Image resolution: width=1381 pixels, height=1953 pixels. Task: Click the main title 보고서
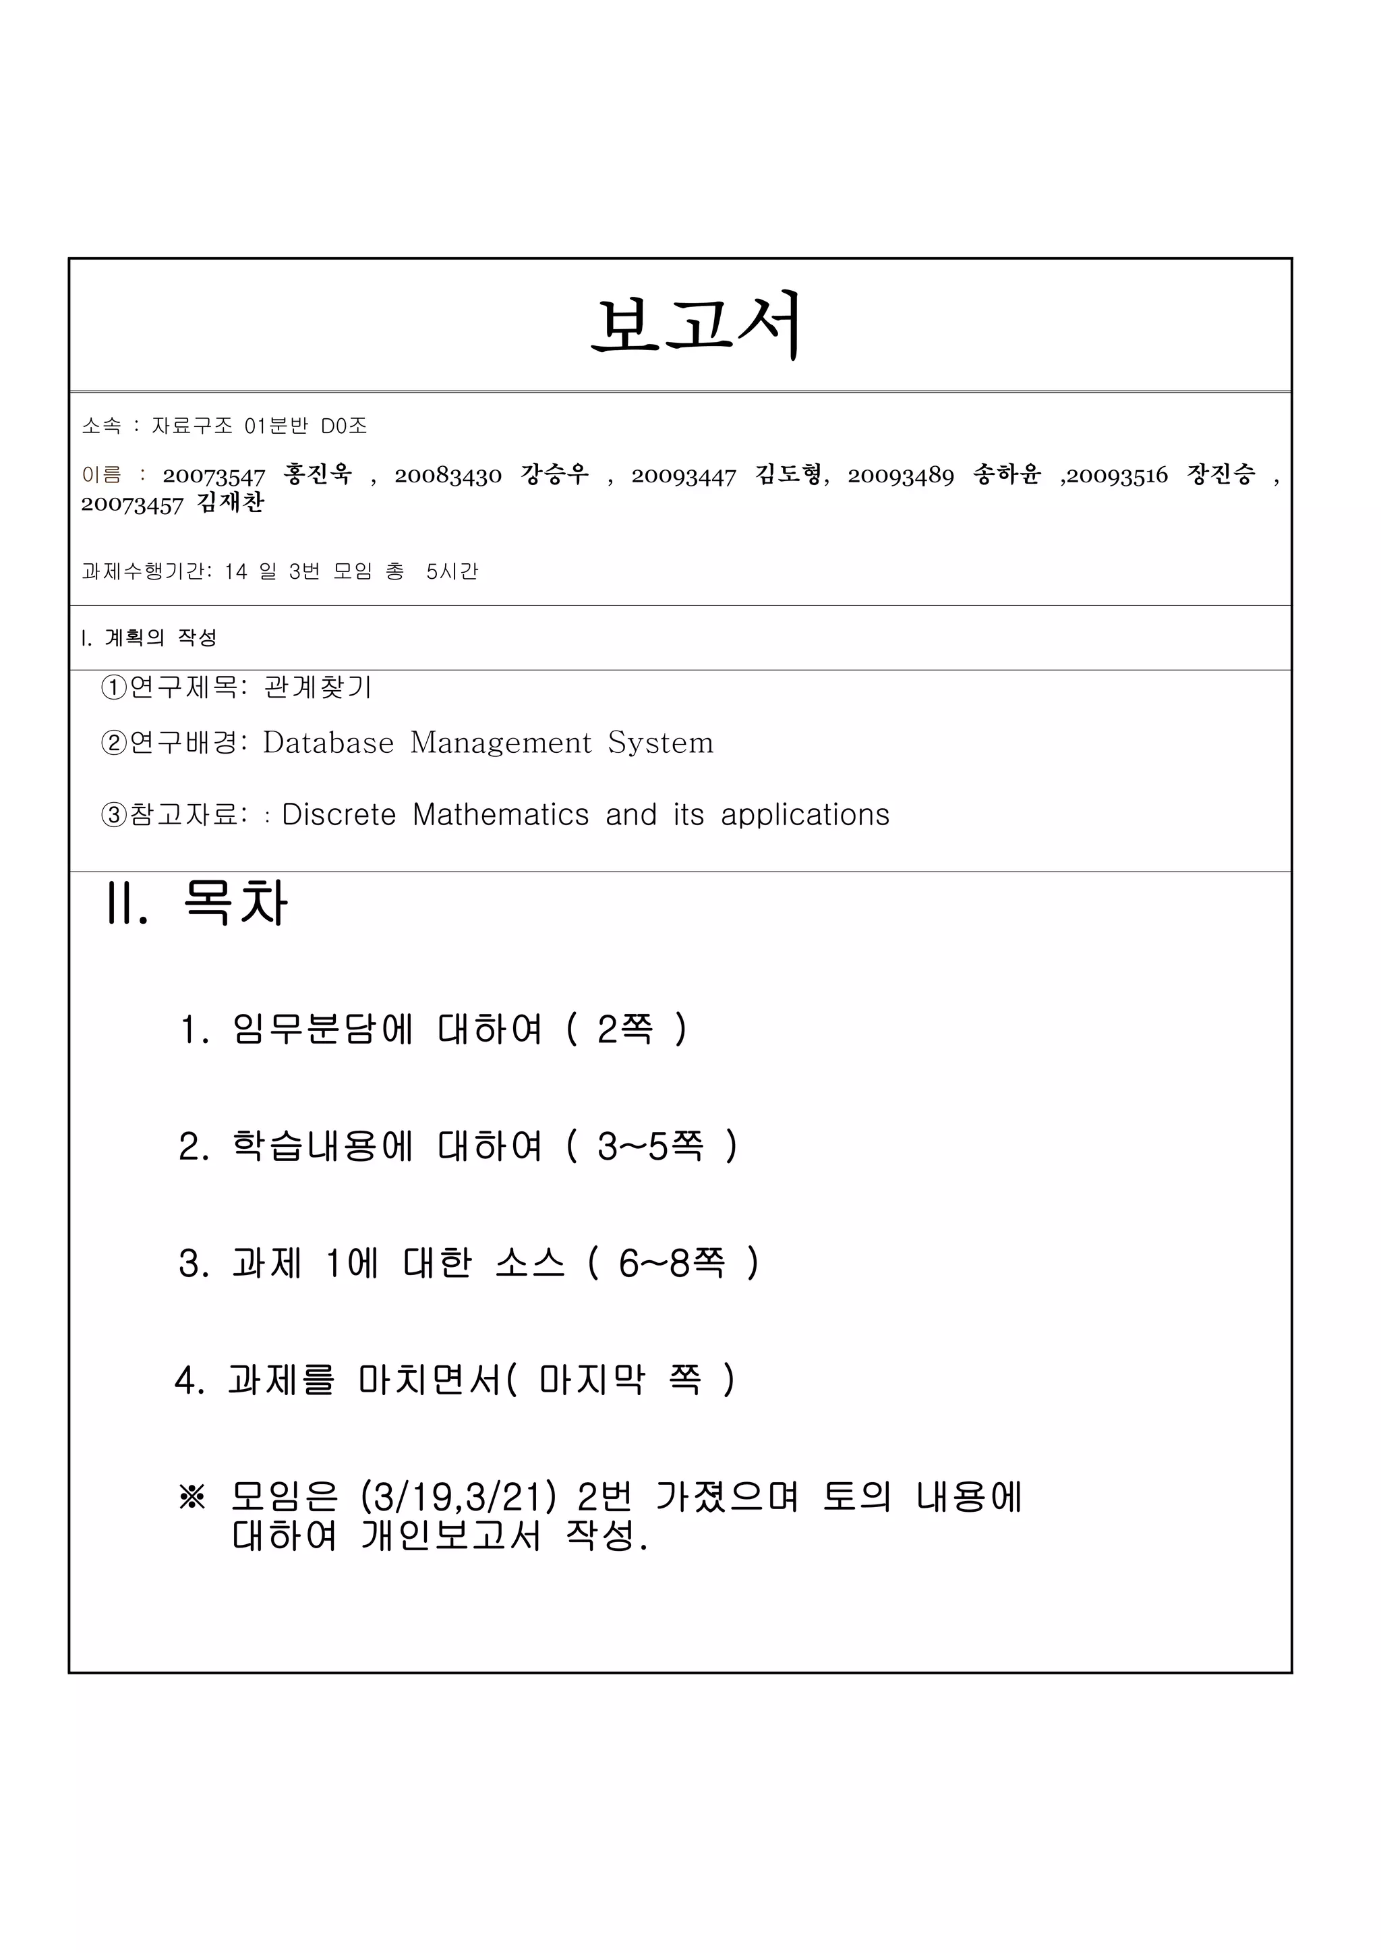[696, 325]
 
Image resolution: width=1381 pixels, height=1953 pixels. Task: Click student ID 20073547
[214, 476]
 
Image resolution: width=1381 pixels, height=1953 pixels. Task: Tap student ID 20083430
[447, 476]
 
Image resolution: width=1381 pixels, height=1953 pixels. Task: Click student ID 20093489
[900, 476]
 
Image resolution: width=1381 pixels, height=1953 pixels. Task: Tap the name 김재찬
[231, 503]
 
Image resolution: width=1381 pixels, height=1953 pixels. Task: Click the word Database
[328, 743]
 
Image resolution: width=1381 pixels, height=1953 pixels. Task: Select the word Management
[500, 743]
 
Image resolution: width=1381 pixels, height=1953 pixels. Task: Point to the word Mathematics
[500, 815]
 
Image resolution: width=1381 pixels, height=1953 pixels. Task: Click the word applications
[804, 815]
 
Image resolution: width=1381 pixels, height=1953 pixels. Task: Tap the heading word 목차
[235, 903]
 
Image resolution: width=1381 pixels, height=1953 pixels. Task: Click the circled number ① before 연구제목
[113, 687]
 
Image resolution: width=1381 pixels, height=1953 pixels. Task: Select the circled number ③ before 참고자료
[113, 815]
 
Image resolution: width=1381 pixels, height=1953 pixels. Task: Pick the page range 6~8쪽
[672, 1263]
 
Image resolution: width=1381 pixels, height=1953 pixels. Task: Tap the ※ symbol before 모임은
[192, 1498]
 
